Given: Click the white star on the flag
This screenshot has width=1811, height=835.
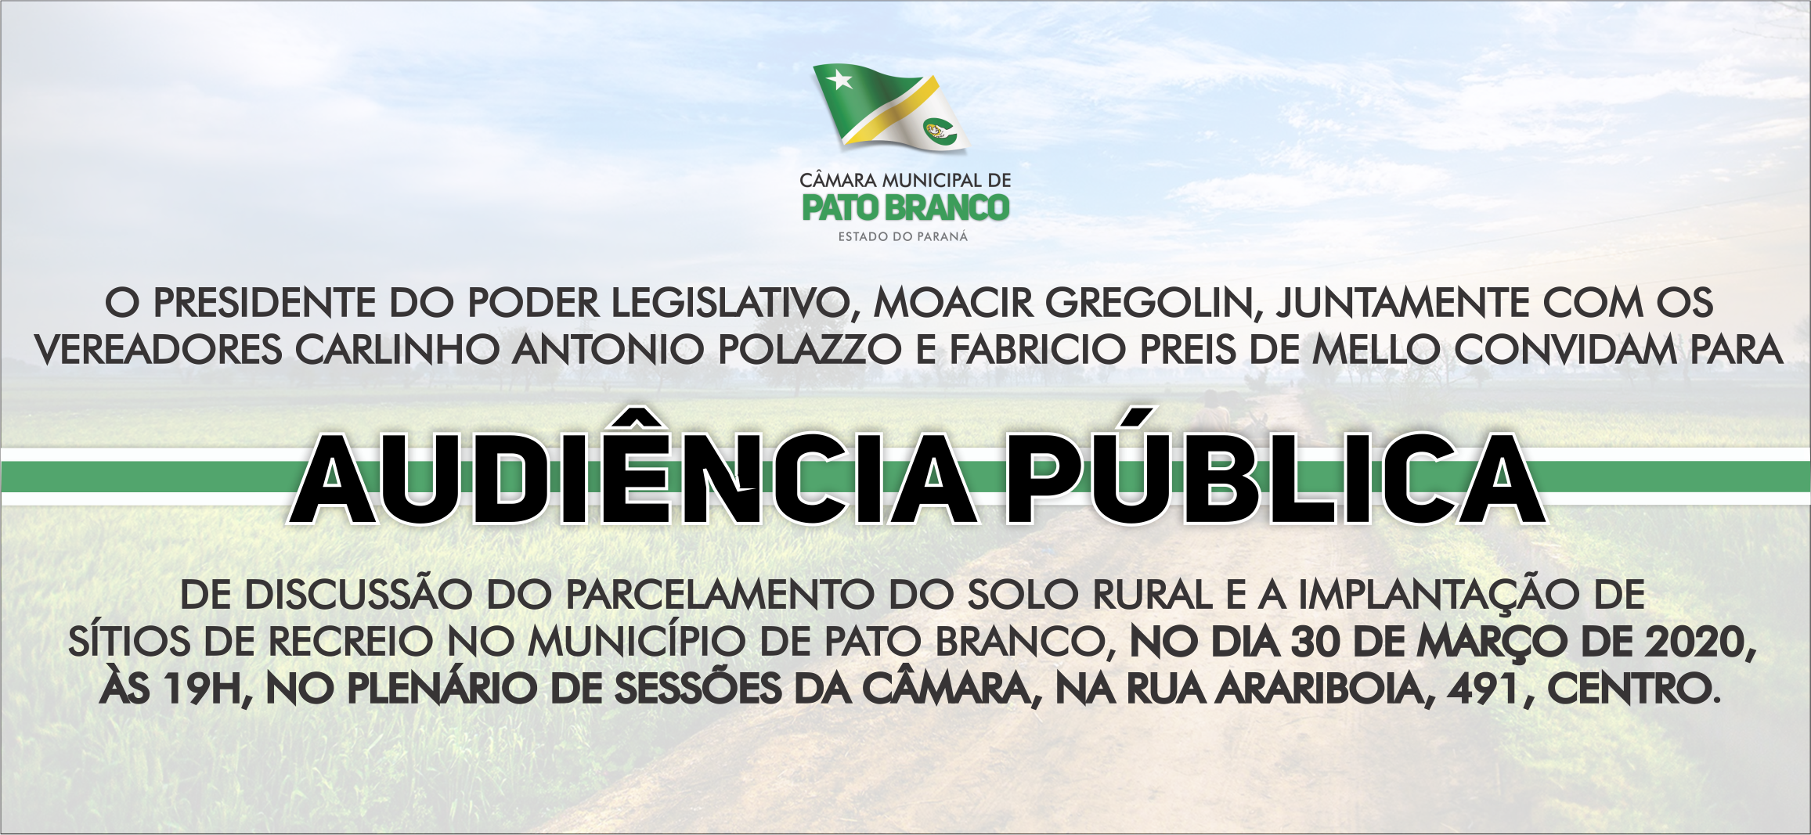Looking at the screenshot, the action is tap(840, 80).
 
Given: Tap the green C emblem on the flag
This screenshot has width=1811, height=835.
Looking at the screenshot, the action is tap(940, 131).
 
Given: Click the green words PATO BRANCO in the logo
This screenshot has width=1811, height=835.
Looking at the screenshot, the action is tap(906, 208).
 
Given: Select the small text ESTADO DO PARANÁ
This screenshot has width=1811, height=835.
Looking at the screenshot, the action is tap(903, 236).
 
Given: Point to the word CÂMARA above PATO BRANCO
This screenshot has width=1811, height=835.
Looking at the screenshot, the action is tap(837, 179).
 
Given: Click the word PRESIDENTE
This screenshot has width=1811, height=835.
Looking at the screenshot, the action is tap(265, 304).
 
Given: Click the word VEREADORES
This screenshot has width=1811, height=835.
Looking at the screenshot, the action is tap(158, 350).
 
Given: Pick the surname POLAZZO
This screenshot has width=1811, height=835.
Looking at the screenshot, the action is tap(810, 350).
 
